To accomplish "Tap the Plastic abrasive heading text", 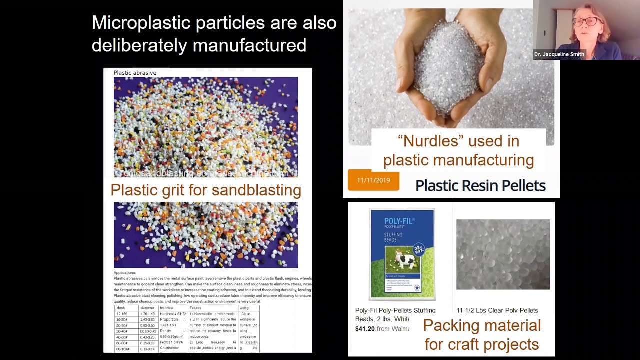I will [x=135, y=73].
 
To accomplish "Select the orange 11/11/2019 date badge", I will [x=373, y=180].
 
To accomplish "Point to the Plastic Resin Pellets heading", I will [x=480, y=186].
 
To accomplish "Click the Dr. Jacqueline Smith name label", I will [x=559, y=54].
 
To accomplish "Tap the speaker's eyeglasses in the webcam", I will [x=584, y=21].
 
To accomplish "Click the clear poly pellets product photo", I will [x=503, y=254].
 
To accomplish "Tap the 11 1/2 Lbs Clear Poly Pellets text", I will [x=497, y=310].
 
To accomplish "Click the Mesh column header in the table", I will [x=120, y=308].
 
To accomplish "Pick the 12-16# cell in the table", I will [x=121, y=314].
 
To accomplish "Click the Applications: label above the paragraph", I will [x=124, y=273].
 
